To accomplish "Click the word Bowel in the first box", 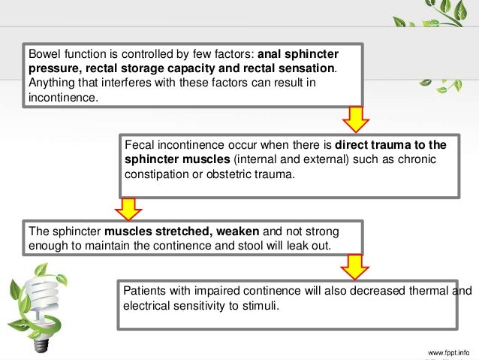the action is coord(43,55).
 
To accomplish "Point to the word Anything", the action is coord(49,83).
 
